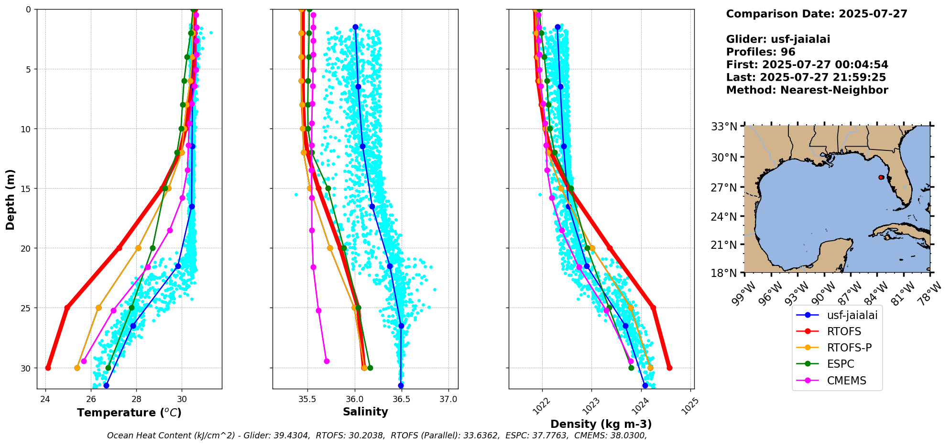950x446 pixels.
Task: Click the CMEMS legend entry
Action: click(x=846, y=381)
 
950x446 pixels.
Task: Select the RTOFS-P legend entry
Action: click(x=849, y=348)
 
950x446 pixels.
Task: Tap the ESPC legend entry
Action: click(x=840, y=364)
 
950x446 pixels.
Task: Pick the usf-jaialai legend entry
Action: click(x=852, y=315)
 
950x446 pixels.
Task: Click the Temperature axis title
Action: click(x=129, y=413)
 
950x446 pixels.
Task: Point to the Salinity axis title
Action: click(x=365, y=412)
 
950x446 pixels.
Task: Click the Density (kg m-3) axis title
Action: click(x=601, y=424)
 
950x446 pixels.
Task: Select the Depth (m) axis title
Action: click(x=11, y=199)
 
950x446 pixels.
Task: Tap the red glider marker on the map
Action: click(x=881, y=177)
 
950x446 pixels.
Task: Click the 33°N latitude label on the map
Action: click(x=724, y=127)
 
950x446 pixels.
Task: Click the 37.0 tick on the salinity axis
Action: click(x=448, y=399)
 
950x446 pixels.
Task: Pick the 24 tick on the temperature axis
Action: click(x=45, y=399)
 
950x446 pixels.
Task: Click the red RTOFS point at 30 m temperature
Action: click(x=48, y=368)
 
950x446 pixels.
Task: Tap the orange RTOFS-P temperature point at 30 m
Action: click(x=77, y=368)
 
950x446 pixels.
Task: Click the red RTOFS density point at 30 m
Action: click(x=669, y=368)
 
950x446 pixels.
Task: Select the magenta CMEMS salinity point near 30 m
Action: click(x=327, y=361)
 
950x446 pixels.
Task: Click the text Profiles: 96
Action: click(x=760, y=52)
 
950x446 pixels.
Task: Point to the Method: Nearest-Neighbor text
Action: click(x=807, y=90)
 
